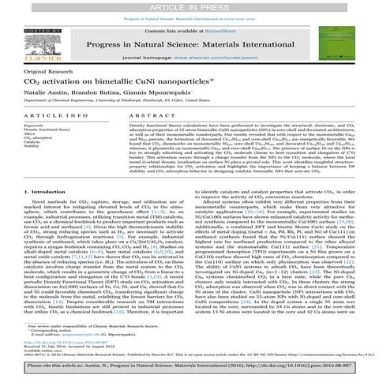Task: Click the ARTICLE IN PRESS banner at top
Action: click(189, 6)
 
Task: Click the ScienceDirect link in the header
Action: click(213, 27)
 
